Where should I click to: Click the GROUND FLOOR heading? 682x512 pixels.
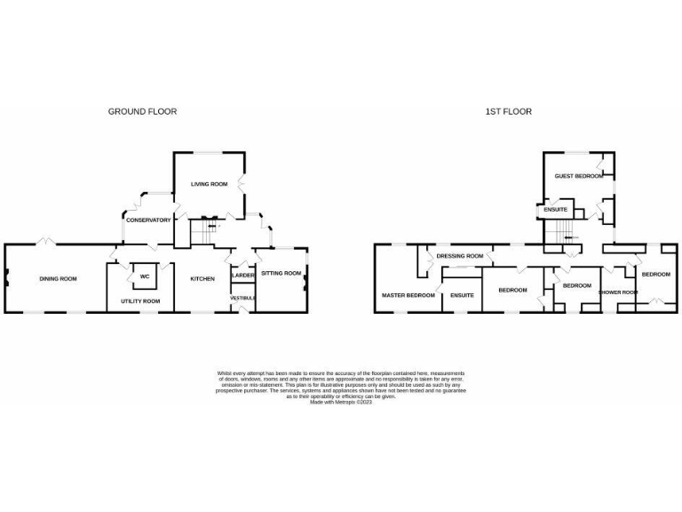(x=142, y=111)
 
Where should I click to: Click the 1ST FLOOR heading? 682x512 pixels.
(x=508, y=111)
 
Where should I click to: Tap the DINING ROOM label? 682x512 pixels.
(x=58, y=279)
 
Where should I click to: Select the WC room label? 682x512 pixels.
(x=144, y=276)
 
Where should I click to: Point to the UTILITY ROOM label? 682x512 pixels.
(x=140, y=301)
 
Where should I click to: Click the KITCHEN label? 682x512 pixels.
(x=202, y=279)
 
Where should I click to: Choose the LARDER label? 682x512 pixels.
(x=243, y=276)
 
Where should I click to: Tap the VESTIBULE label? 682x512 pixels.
(x=243, y=297)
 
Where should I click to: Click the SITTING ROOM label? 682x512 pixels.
(x=281, y=273)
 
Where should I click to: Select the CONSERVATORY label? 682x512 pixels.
(x=148, y=220)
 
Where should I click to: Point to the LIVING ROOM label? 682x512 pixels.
(x=210, y=184)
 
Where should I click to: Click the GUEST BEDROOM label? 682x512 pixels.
(x=579, y=176)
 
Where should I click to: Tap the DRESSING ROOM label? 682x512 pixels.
(x=460, y=256)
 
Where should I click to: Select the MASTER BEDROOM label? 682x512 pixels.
(x=408, y=294)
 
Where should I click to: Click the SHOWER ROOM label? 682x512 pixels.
(x=618, y=292)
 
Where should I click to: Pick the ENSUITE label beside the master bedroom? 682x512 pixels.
(x=462, y=294)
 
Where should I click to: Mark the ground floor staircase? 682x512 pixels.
(x=203, y=234)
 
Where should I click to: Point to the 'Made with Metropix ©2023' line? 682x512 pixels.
(x=341, y=402)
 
